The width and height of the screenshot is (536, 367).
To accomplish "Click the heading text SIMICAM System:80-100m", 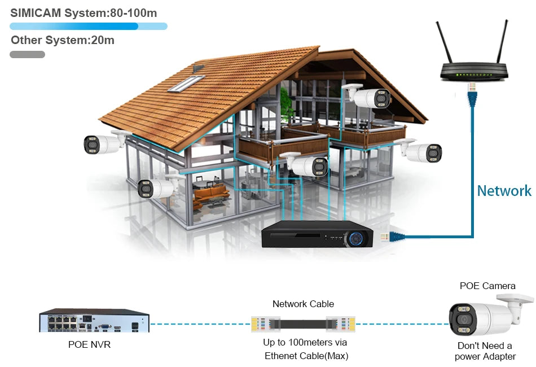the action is coord(84,13).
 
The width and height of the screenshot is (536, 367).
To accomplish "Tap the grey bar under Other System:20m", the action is coord(27,54).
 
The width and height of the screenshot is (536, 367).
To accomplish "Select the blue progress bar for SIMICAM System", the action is coord(89,26).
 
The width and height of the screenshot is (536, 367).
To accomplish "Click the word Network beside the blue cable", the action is coord(504,191).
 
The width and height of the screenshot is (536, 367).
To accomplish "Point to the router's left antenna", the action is coord(444,42).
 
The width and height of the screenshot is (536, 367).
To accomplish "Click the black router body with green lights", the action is coord(474,72).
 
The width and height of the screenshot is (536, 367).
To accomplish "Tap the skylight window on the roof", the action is coord(186,84).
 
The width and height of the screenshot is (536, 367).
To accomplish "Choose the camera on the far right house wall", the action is coord(419,151).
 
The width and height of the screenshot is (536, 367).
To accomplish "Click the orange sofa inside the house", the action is coord(211,193).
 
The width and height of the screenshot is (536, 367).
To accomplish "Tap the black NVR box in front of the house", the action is coord(317,234).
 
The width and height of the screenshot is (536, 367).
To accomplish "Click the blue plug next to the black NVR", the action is coord(393,237).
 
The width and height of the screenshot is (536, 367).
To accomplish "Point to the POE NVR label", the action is coord(90,344).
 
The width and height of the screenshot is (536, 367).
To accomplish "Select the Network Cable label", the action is coord(303,304).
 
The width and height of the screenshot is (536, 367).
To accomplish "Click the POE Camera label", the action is coord(487,286).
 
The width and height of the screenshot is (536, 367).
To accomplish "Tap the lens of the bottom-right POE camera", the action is coord(463,320).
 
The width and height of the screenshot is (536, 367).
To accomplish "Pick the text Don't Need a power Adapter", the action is coord(485,351).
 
